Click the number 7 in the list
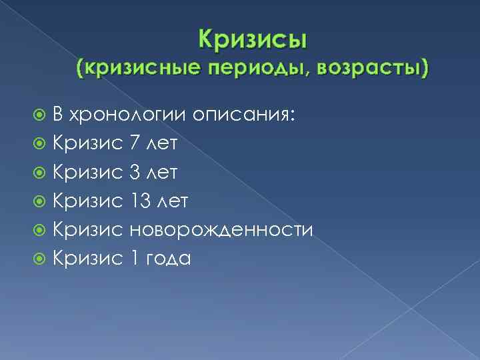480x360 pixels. (134, 143)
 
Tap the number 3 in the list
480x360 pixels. (134, 172)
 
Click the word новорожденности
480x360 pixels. (221, 229)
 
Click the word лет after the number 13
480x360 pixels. (175, 201)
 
